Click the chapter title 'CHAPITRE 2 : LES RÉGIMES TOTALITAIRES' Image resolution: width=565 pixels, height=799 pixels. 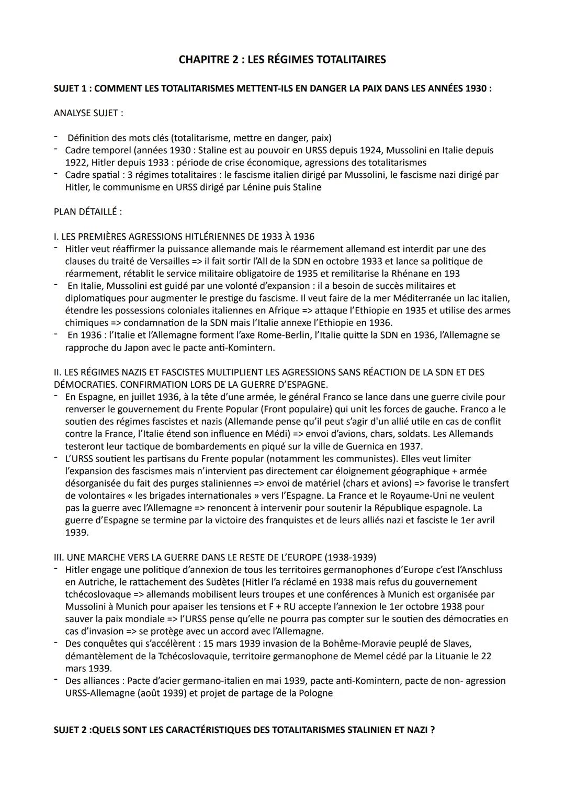pyautogui.click(x=282, y=60)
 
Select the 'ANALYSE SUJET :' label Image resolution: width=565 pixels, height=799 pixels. pyautogui.click(x=88, y=113)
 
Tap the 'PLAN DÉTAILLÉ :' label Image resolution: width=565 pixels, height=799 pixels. pyautogui.click(x=87, y=212)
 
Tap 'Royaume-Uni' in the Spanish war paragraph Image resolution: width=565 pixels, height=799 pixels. pyautogui.click(x=422, y=496)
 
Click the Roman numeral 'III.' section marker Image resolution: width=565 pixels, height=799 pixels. pyautogui.click(x=59, y=557)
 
